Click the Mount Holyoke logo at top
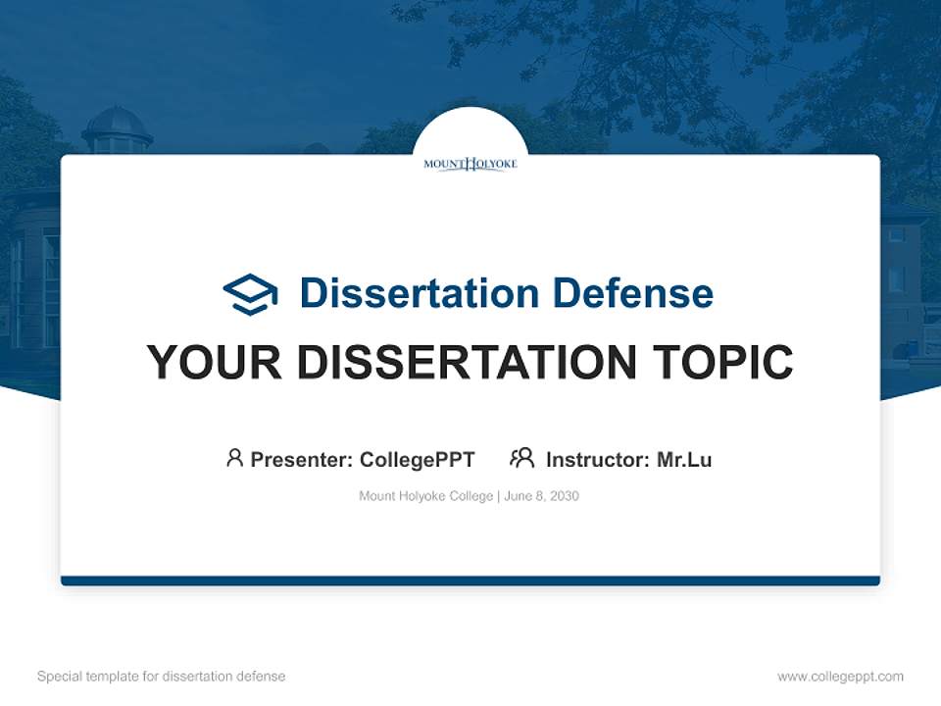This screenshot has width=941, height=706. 470,164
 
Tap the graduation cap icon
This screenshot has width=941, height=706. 250,293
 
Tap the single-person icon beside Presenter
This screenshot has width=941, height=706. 234,458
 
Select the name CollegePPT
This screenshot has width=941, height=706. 418,459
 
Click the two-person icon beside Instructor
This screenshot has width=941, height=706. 521,458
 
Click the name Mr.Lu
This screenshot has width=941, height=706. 684,459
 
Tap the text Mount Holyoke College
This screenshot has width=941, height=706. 426,496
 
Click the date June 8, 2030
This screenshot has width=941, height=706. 542,496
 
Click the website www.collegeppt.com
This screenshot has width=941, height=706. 840,677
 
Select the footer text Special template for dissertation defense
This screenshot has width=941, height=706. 162,677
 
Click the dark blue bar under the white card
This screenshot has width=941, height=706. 470,580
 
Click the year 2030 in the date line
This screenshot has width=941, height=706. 565,496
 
